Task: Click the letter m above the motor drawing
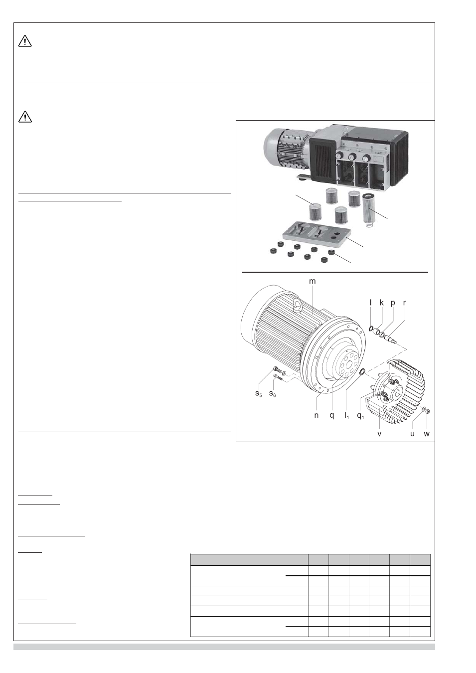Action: (x=313, y=282)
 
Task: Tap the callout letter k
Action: (x=382, y=303)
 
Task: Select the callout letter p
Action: (x=393, y=304)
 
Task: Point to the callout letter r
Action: (x=404, y=303)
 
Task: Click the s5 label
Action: (x=259, y=393)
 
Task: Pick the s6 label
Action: (x=273, y=393)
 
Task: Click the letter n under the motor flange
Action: (x=316, y=416)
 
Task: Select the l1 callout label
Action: (x=346, y=417)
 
